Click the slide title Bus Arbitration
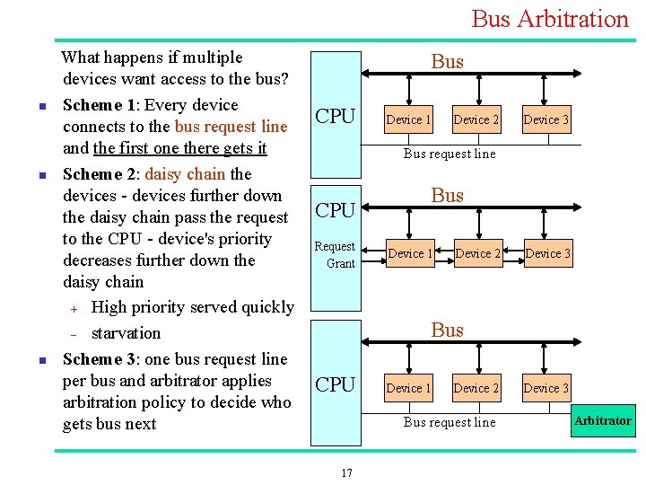[549, 19]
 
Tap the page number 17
[346, 473]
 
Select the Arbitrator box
[602, 420]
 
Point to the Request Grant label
[336, 255]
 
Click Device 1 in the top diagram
[408, 119]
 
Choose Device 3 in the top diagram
[546, 119]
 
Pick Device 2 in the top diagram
[476, 119]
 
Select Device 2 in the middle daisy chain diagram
[478, 253]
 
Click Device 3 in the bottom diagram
[546, 388]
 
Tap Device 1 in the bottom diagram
[408, 388]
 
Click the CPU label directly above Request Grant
[336, 210]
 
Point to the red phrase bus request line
[231, 127]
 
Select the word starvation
[126, 333]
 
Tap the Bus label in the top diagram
[447, 61]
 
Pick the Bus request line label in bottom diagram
[449, 422]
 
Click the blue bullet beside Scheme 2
[31, 175]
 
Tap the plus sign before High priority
[76, 309]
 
